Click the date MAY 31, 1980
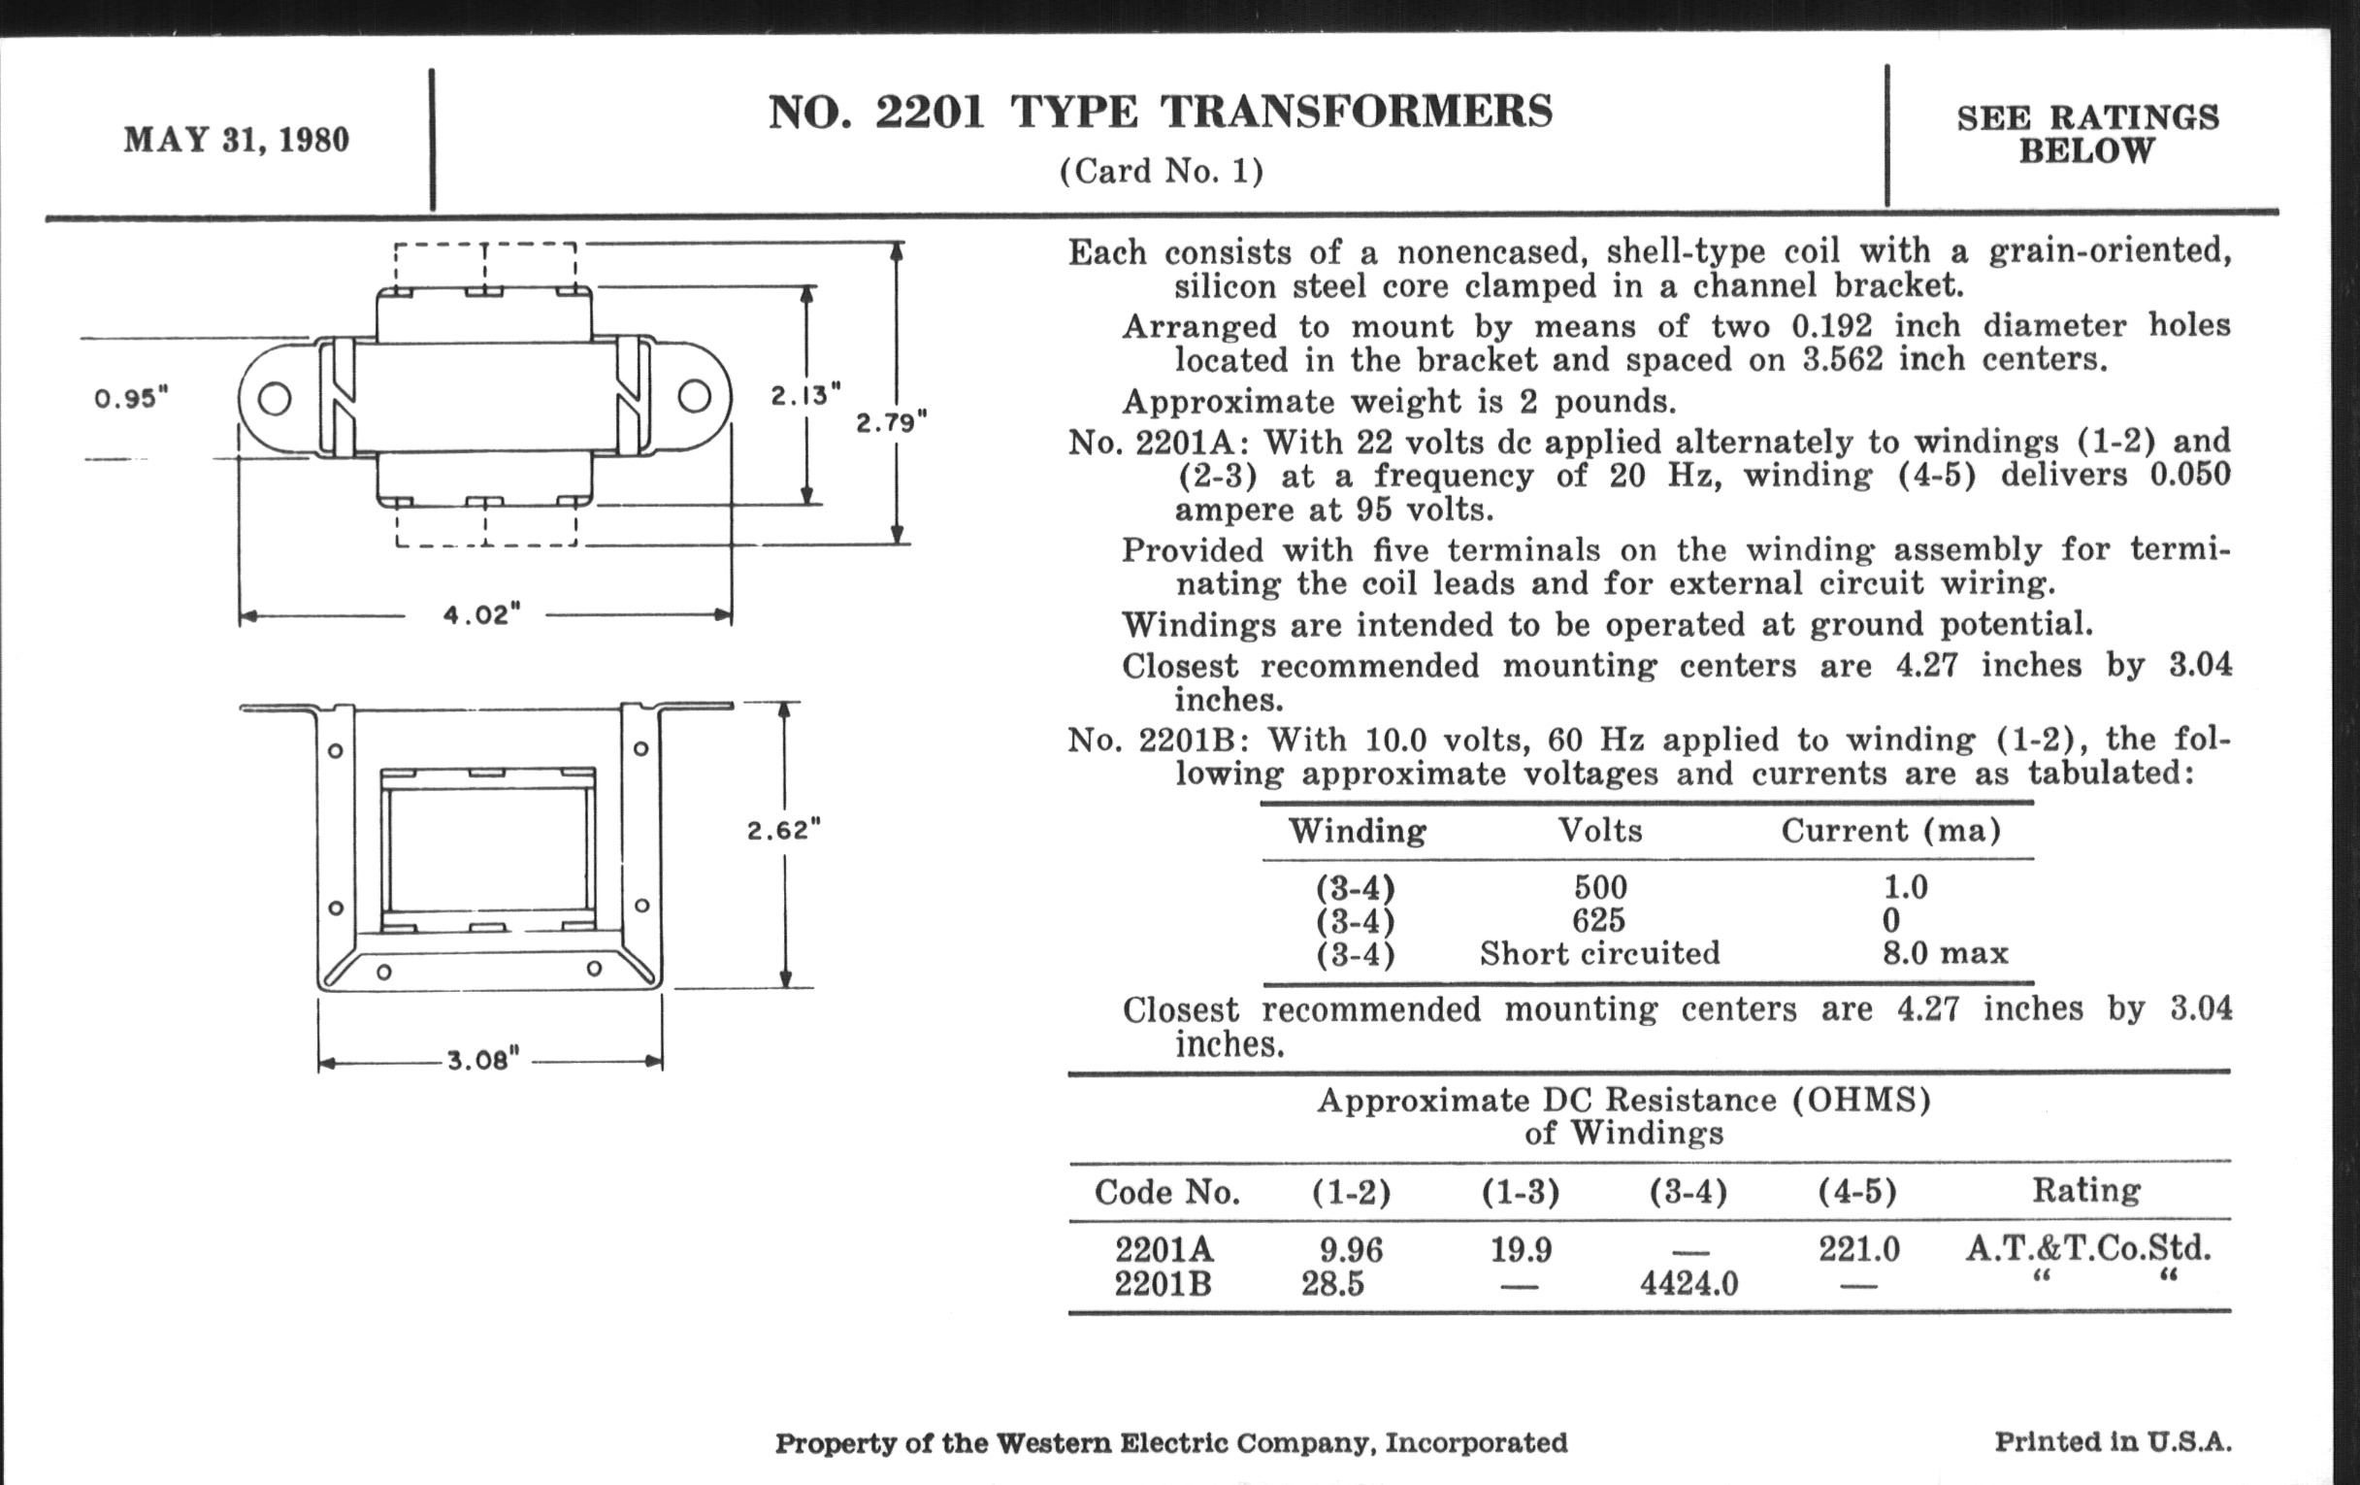coord(236,140)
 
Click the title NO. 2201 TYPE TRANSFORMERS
coord(1161,112)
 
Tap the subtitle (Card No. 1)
coord(1162,172)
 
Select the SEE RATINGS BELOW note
coord(2087,134)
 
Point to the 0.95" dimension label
coord(131,399)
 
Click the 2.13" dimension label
coord(805,395)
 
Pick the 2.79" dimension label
coord(892,422)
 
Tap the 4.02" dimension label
coord(481,615)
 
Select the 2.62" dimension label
coord(784,830)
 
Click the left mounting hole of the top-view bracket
coord(275,399)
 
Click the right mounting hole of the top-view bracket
coord(695,397)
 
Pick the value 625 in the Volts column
coord(1598,920)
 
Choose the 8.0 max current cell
coord(1945,953)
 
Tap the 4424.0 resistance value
coord(1688,1283)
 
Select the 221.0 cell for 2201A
coord(1858,1249)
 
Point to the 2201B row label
coord(1164,1283)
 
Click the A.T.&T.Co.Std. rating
coord(2087,1248)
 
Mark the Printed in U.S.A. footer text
coord(2113,1442)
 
